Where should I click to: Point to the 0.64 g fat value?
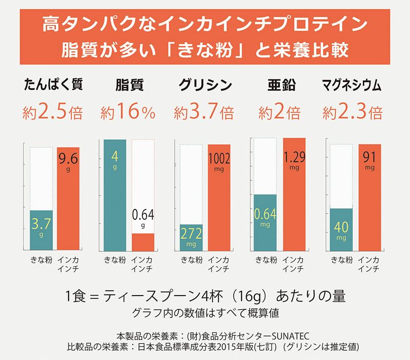click(x=143, y=217)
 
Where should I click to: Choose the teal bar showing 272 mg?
click(x=191, y=237)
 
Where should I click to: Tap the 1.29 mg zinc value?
click(x=294, y=159)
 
